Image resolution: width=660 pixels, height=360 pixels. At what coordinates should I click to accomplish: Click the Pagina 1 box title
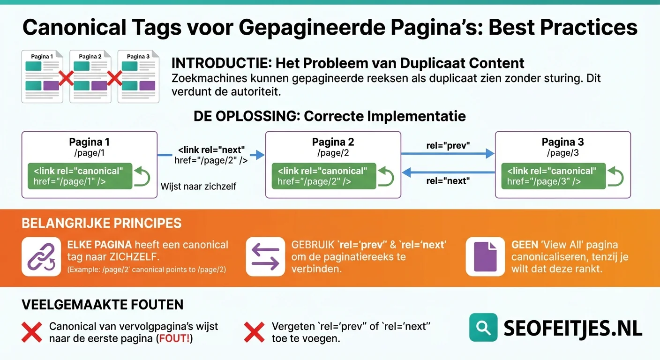[x=89, y=142]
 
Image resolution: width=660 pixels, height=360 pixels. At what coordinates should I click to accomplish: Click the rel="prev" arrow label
[x=448, y=145]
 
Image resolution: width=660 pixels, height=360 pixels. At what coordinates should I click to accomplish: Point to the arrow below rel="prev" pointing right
[x=449, y=153]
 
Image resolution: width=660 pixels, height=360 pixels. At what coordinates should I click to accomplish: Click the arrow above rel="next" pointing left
[x=449, y=172]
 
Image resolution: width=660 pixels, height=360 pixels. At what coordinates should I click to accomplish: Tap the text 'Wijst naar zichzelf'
[x=198, y=187]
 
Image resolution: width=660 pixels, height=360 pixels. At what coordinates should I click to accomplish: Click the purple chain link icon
[x=41, y=257]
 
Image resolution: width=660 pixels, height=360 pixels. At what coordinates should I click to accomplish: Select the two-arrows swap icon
[x=265, y=257]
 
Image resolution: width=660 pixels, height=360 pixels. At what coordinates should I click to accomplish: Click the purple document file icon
[x=485, y=257]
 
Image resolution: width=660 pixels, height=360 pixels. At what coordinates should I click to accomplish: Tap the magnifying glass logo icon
[x=483, y=327]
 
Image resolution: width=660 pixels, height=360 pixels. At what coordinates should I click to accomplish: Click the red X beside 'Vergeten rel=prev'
[x=255, y=332]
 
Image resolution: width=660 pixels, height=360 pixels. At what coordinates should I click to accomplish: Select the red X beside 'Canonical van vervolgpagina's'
[x=32, y=332]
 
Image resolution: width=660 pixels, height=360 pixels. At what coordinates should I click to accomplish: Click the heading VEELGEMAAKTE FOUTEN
[x=102, y=305]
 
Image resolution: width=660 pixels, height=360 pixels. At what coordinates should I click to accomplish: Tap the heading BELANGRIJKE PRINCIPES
[x=101, y=223]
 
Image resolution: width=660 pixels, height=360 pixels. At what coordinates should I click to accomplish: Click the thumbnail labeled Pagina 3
[x=138, y=76]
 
